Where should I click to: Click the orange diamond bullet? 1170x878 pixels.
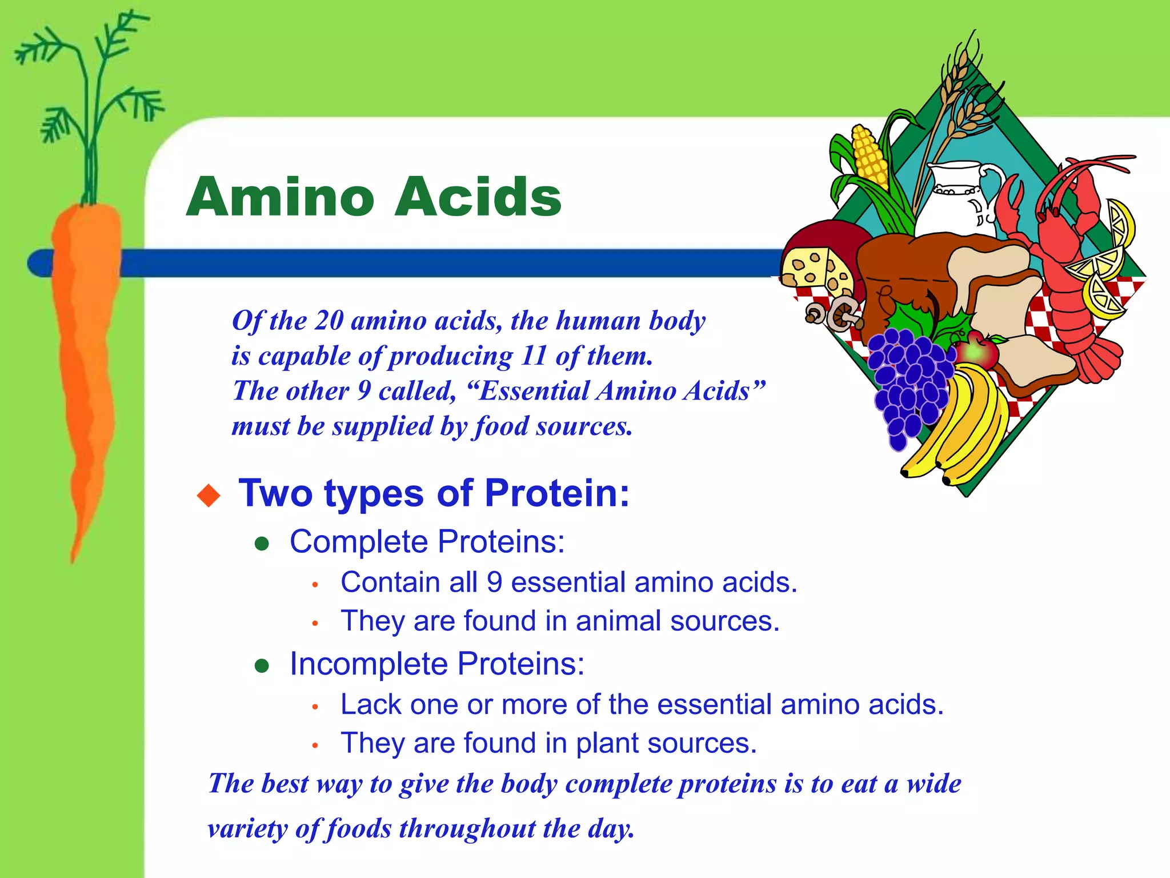coord(209,495)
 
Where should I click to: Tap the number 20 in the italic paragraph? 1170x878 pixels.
coord(328,321)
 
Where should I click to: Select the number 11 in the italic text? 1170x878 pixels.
coord(534,356)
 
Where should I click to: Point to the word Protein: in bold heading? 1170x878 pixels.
coord(556,493)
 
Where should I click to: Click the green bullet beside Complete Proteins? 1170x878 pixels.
coord(262,544)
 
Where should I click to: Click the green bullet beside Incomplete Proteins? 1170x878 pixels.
coord(262,665)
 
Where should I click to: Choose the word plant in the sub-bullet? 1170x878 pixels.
coord(607,743)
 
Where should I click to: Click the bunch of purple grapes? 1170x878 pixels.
coord(908,383)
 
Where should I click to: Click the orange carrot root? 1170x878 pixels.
coord(86,343)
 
